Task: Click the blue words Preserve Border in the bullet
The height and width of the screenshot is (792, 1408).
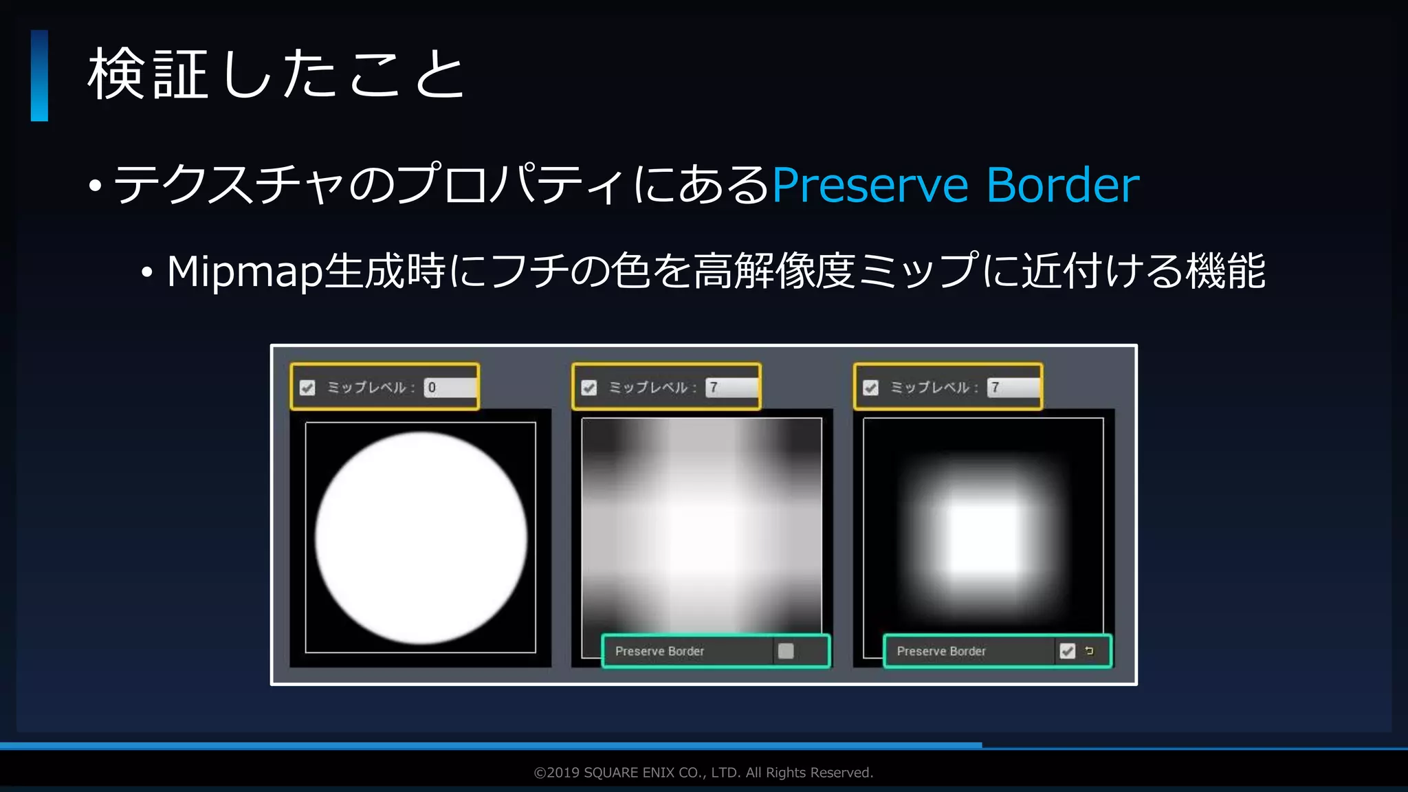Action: point(955,185)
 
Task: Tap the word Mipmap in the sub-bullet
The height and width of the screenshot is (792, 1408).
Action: point(244,271)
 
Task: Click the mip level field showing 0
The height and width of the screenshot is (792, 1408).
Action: point(450,388)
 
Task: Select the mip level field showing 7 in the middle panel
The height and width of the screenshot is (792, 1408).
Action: point(731,388)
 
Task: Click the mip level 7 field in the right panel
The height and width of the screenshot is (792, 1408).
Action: point(1013,388)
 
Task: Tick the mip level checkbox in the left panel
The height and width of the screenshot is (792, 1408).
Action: point(307,388)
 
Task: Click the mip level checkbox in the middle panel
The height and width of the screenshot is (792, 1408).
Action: point(589,388)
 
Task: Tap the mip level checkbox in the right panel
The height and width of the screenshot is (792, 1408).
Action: point(871,388)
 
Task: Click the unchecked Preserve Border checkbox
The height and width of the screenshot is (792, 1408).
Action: point(786,651)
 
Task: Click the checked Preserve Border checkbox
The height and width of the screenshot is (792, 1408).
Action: point(1067,651)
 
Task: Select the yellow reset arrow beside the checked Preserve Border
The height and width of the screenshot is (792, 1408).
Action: point(1089,650)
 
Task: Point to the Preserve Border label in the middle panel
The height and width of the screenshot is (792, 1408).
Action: point(659,651)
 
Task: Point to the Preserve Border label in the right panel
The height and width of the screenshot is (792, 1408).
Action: point(941,651)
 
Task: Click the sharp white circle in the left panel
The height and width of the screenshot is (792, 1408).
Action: point(421,538)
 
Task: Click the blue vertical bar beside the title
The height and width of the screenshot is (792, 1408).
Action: point(39,76)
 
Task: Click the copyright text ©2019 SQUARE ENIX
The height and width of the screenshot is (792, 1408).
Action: point(703,773)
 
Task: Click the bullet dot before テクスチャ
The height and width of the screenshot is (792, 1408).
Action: point(96,186)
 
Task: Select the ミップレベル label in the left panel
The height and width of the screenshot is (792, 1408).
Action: point(367,388)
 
